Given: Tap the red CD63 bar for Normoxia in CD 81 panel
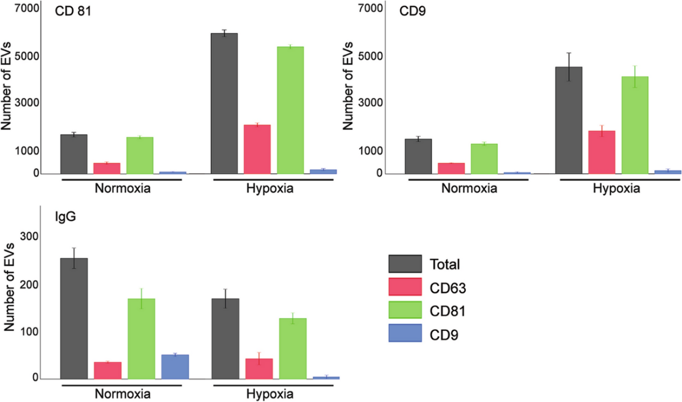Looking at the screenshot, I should [x=107, y=168].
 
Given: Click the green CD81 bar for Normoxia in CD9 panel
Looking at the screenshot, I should [x=484, y=158].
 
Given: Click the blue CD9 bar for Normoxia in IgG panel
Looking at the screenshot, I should [x=175, y=366].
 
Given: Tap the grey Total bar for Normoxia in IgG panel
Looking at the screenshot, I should [x=74, y=319].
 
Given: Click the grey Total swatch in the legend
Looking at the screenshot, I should [x=404, y=264].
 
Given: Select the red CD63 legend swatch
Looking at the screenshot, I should [x=404, y=288].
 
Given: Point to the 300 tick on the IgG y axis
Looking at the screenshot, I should [x=28, y=237].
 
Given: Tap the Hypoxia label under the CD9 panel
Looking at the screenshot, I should [x=617, y=188].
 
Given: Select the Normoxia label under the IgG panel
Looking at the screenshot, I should [x=121, y=393].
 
